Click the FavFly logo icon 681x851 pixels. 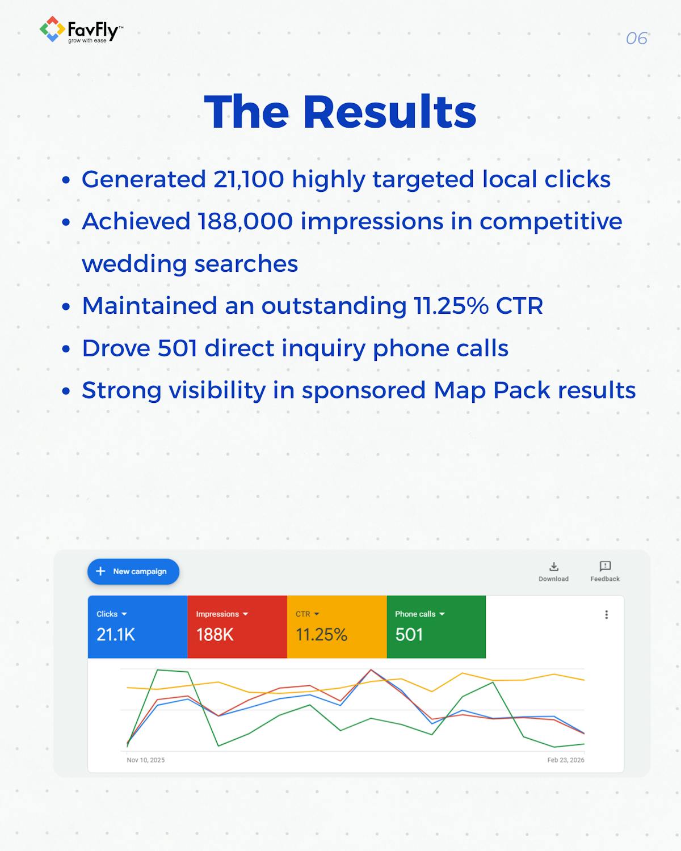[x=52, y=29]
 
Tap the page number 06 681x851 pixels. [x=636, y=39]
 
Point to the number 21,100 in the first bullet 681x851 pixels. [x=249, y=179]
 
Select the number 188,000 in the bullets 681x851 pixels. [x=245, y=221]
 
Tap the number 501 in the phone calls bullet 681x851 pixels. [x=177, y=348]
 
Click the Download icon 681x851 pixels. [x=554, y=567]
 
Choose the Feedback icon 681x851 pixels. [x=605, y=567]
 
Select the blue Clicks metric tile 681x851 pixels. [x=137, y=626]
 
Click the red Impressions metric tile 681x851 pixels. [x=237, y=626]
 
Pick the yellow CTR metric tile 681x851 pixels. [x=337, y=626]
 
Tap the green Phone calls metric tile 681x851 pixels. [x=436, y=626]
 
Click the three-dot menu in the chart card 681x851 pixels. [x=606, y=614]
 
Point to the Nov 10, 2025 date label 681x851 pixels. [x=146, y=760]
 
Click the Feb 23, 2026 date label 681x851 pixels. [x=565, y=760]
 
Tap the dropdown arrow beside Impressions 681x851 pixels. [x=246, y=614]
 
